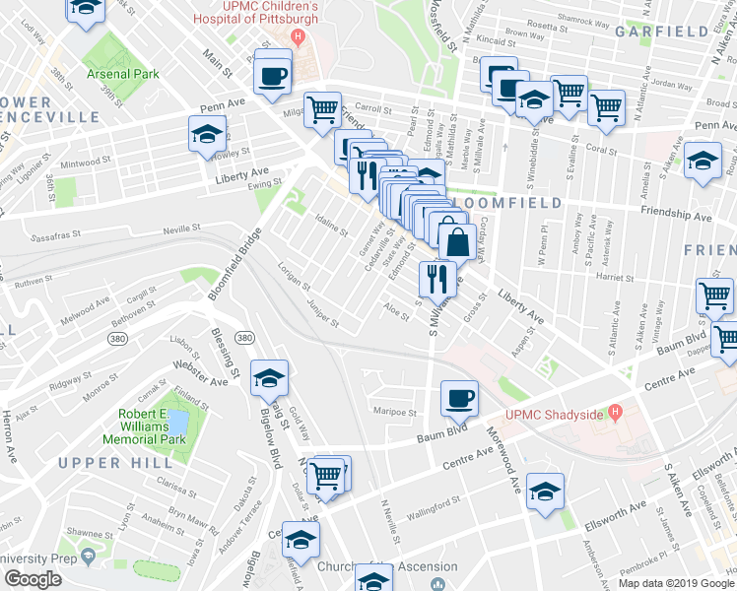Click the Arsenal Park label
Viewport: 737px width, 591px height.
coord(122,74)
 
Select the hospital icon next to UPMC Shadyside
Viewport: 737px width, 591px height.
coord(616,411)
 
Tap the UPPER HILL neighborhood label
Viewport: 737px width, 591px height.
coord(101,463)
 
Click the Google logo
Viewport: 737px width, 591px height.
coord(33,579)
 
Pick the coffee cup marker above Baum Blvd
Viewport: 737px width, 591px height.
coord(459,398)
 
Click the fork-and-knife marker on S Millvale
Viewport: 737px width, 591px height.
coord(435,278)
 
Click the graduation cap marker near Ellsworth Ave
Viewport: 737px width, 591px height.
coord(545,491)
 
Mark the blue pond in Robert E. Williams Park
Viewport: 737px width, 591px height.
coord(177,424)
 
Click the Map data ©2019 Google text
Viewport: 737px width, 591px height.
coord(675,582)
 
